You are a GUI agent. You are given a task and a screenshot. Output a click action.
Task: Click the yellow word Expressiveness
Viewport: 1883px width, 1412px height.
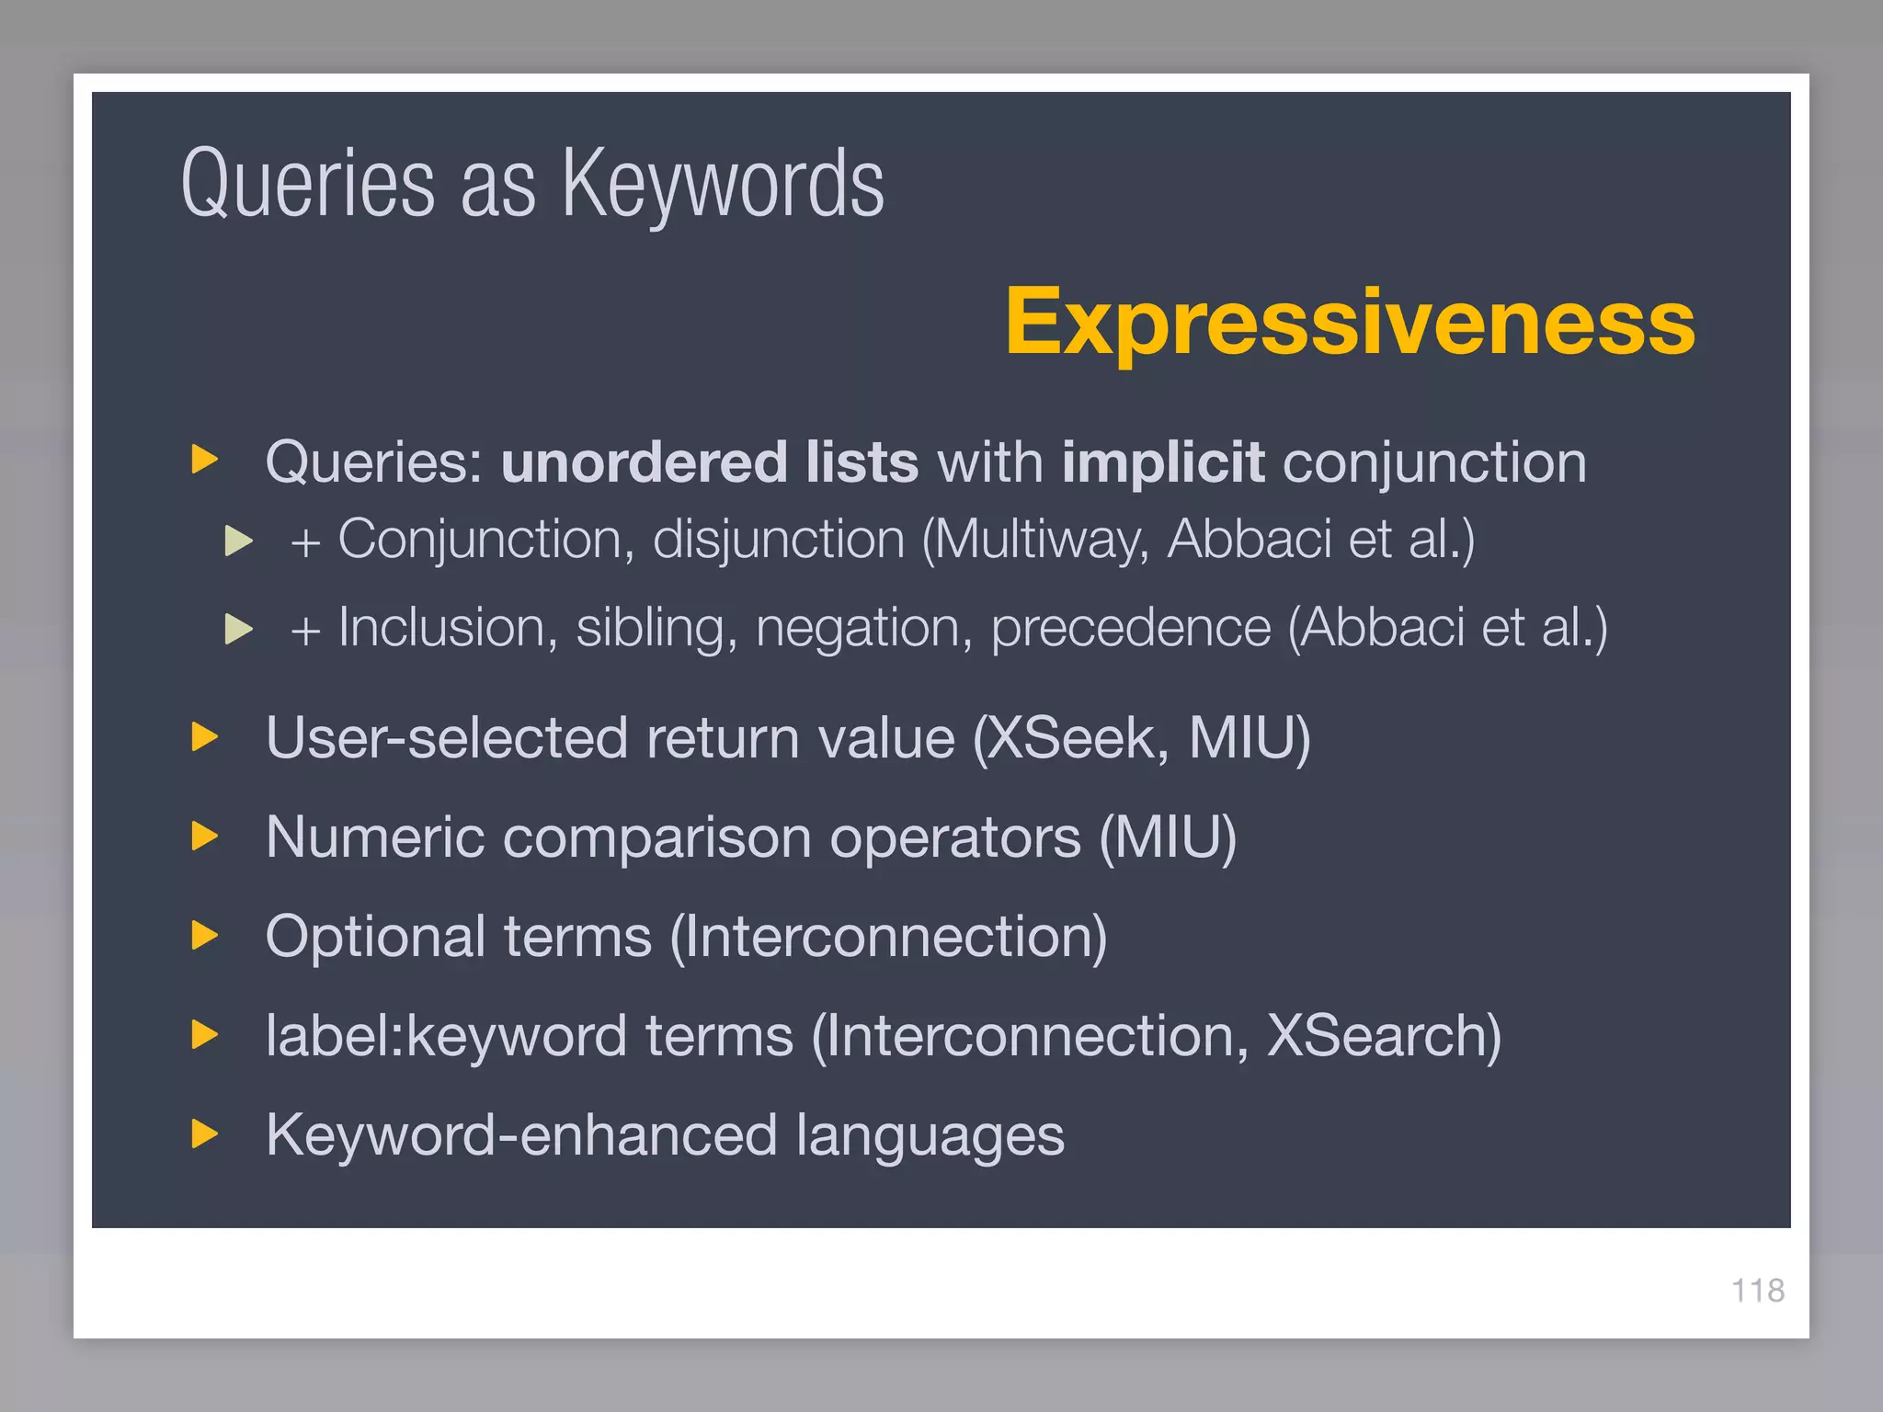click(1350, 322)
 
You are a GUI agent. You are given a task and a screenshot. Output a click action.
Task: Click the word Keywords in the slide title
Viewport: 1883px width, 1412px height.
click(723, 184)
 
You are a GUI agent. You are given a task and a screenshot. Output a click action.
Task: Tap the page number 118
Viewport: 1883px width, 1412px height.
click(1757, 1291)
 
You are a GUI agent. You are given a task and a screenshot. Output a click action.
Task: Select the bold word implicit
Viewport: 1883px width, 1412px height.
click(1163, 461)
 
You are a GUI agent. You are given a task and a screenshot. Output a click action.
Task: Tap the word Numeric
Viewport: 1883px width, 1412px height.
click(374, 837)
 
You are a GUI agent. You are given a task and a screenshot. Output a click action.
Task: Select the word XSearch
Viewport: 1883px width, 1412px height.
click(1384, 1037)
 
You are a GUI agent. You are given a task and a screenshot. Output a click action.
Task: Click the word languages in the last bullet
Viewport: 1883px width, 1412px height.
click(930, 1136)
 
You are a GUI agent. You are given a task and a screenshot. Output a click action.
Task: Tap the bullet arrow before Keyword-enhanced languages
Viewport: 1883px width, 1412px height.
click(204, 1134)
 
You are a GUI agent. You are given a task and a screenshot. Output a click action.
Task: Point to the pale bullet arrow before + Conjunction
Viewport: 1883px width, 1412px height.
click(238, 541)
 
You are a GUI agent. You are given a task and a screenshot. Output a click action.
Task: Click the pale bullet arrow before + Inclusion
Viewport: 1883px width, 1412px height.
click(238, 629)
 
